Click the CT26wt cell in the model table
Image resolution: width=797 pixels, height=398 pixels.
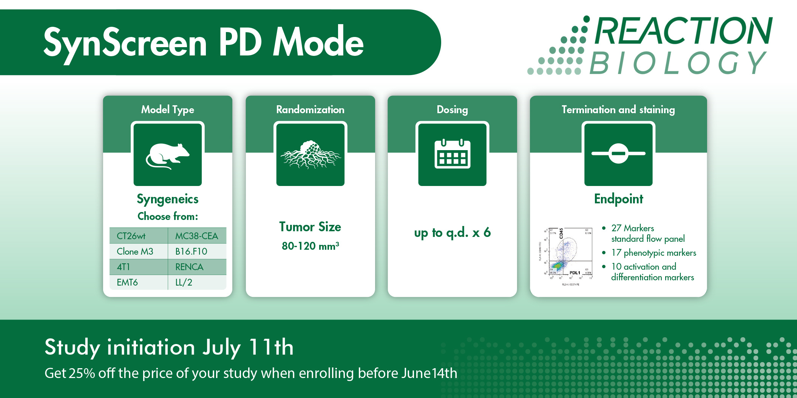click(131, 236)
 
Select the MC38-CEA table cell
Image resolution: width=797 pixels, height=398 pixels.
click(196, 236)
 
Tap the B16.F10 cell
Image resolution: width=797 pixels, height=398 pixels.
click(191, 252)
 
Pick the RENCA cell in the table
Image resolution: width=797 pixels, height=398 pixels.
click(189, 267)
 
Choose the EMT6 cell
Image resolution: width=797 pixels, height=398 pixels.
click(127, 283)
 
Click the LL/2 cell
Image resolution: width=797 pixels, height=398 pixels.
click(184, 283)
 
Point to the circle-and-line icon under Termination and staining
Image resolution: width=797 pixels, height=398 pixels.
click(618, 154)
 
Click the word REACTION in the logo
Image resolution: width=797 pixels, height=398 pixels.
click(683, 31)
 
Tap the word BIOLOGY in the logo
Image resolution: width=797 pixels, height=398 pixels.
click(678, 63)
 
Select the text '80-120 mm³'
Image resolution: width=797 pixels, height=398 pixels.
click(310, 246)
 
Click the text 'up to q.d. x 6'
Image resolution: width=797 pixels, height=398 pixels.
click(452, 233)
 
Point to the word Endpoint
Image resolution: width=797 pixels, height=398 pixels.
click(618, 199)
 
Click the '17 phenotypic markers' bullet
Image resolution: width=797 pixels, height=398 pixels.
click(653, 253)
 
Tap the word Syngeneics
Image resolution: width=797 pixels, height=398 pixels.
click(167, 199)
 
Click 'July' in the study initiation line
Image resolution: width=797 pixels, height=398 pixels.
click(221, 347)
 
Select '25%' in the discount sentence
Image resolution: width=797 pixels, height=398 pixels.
click(82, 373)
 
